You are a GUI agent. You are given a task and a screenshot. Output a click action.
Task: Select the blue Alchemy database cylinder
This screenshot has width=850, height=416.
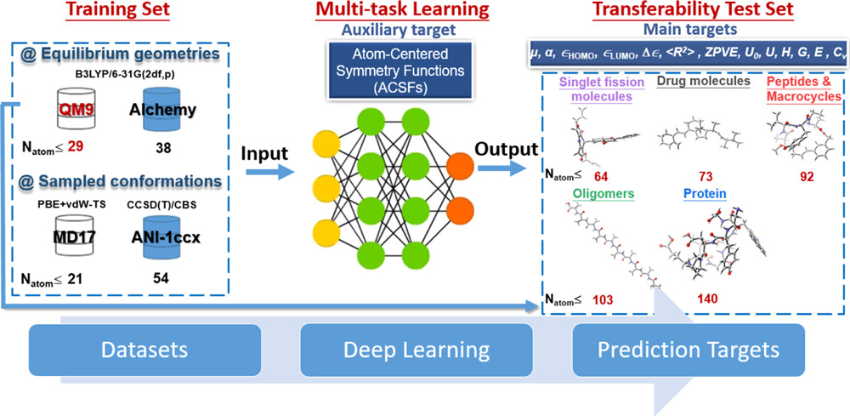(154, 109)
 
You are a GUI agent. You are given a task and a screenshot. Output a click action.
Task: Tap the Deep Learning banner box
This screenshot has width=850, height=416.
(416, 350)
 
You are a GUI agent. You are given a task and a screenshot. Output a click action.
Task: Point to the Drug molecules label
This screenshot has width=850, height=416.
(702, 82)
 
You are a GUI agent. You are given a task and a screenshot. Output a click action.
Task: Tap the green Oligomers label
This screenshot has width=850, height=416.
(603, 194)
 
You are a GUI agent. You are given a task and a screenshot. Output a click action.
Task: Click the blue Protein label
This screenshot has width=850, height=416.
(704, 194)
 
